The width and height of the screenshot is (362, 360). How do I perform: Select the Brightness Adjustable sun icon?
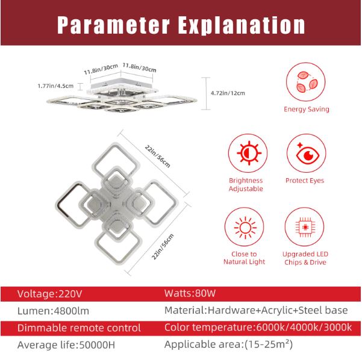[x=246, y=154]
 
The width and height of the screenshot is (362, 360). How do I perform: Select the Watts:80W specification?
[x=190, y=294]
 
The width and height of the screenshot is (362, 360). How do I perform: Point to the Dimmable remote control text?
[x=79, y=328]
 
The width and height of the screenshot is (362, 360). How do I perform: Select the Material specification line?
[x=255, y=311]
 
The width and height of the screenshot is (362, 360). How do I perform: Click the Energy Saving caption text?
[x=307, y=110]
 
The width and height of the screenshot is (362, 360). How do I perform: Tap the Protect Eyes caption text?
[x=304, y=181]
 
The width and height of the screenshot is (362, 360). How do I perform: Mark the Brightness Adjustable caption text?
[x=246, y=184]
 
